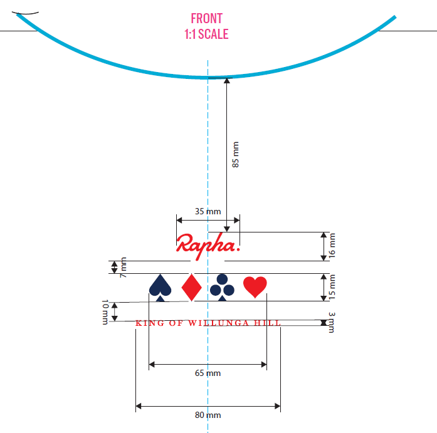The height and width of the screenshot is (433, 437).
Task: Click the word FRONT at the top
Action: (206, 19)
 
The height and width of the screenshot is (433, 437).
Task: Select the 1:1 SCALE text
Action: (206, 34)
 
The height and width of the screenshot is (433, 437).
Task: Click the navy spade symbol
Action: (161, 288)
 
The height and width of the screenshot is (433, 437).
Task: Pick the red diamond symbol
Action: (191, 288)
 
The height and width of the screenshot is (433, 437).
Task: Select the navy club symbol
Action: (222, 288)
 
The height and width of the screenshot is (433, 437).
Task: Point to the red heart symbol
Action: (255, 287)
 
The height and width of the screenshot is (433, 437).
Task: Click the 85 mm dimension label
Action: (236, 155)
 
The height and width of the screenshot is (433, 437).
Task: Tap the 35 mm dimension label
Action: (208, 211)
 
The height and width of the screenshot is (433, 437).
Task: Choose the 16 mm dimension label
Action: (332, 246)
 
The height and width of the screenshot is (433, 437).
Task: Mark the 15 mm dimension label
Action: (332, 287)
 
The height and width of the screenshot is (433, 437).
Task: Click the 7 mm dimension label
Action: (123, 268)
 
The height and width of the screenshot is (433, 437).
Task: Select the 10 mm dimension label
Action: (105, 312)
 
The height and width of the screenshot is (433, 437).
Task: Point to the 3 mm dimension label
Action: (332, 323)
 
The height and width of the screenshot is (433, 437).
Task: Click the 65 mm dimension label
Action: (208, 373)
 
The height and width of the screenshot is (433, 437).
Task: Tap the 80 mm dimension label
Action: (208, 415)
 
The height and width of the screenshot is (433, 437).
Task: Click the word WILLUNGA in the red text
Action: (218, 323)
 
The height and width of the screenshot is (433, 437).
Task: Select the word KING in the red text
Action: (150, 323)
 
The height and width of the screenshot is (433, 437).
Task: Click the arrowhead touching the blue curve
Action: (227, 80)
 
